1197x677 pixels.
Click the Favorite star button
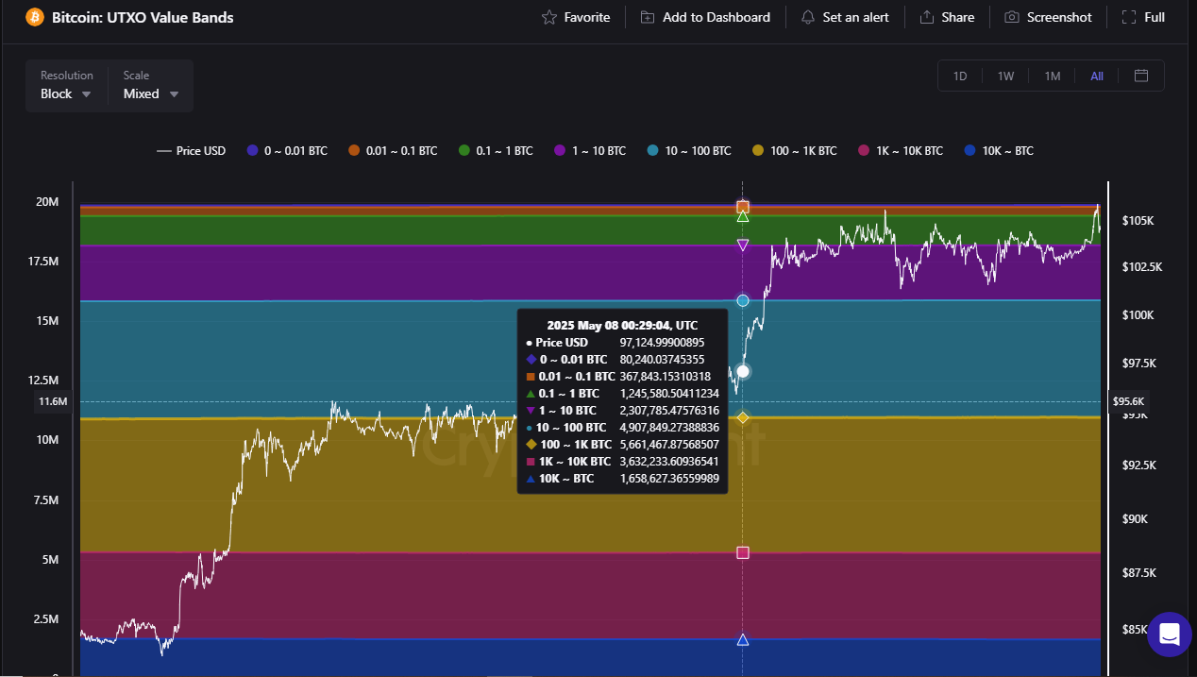click(576, 17)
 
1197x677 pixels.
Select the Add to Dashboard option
click(705, 17)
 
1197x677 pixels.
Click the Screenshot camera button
click(1048, 17)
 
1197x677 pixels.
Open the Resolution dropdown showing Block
click(66, 93)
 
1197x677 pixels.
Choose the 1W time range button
click(1005, 76)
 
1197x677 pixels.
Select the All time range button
click(1097, 76)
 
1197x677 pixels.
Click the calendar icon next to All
click(1141, 76)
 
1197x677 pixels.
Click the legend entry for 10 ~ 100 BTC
click(689, 151)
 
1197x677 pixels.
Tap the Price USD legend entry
click(192, 151)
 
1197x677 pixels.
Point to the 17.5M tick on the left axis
click(46, 262)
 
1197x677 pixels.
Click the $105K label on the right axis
click(1138, 220)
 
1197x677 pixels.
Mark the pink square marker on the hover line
click(743, 552)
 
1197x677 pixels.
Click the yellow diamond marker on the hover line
click(743, 417)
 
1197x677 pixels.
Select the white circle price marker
click(743, 371)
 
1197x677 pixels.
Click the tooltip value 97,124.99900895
click(662, 343)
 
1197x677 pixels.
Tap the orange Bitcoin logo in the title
click(35, 17)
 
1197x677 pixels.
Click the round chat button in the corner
click(1169, 634)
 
